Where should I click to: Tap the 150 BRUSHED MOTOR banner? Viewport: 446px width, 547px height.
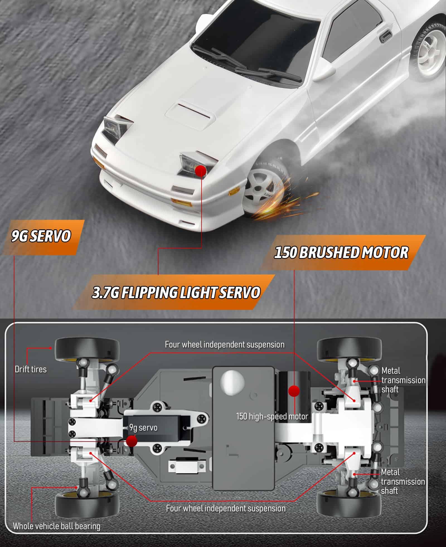click(x=342, y=252)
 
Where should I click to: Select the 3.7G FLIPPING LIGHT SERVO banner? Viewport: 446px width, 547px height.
click(x=174, y=292)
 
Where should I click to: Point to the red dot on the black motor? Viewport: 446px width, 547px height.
click(x=294, y=391)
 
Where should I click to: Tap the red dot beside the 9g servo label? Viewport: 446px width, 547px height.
click(x=131, y=441)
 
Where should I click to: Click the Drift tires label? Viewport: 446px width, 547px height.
click(x=31, y=369)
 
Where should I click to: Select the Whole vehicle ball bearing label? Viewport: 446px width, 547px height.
click(x=57, y=526)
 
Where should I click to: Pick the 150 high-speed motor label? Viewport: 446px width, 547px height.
click(x=272, y=416)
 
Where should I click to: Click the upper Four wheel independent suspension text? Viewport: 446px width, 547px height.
click(x=225, y=345)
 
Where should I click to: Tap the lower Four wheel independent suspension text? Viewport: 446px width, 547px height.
click(x=226, y=508)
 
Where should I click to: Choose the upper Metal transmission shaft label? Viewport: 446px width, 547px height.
click(x=403, y=380)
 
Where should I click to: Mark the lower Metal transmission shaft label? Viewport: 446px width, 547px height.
click(x=403, y=482)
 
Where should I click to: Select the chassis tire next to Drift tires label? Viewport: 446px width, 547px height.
click(x=87, y=350)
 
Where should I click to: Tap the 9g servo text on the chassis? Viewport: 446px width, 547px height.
click(x=143, y=427)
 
